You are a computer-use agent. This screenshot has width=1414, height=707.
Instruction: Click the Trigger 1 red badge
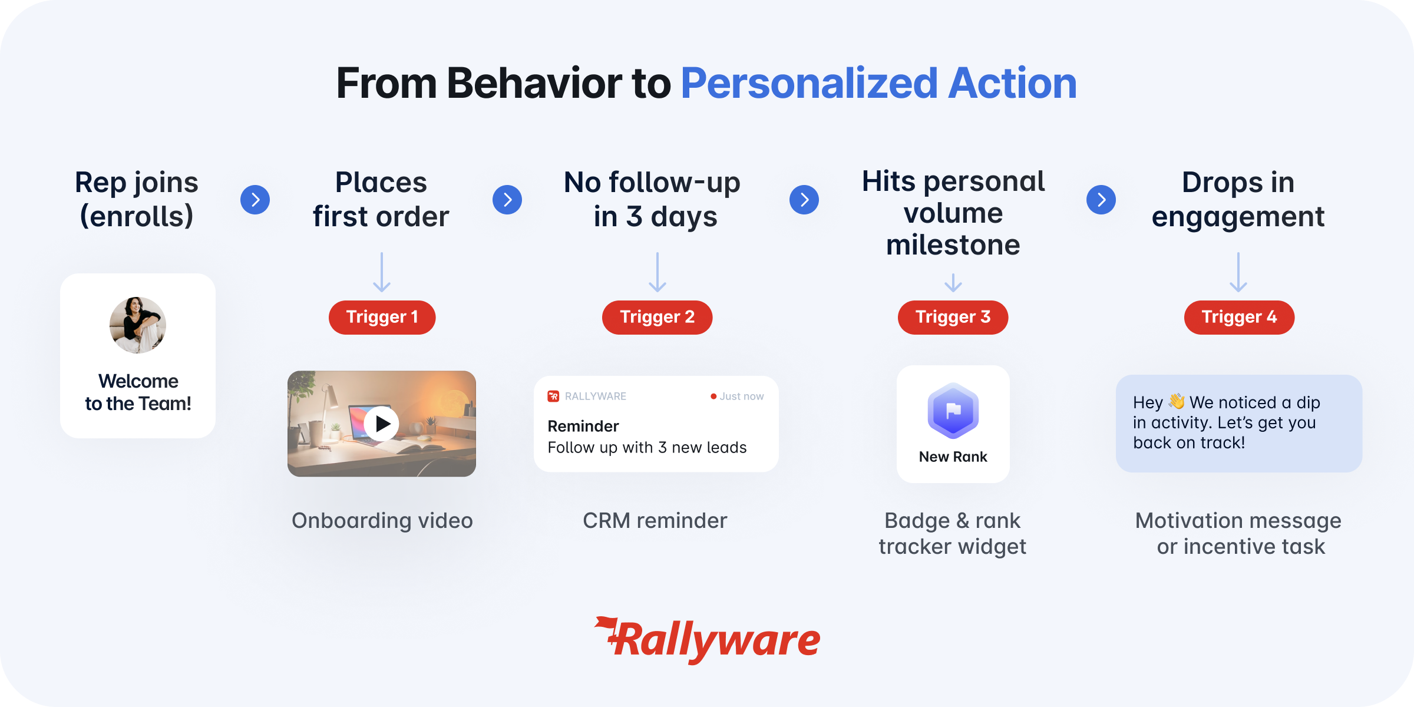[x=382, y=318]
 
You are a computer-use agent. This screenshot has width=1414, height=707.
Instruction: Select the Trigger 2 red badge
[x=657, y=318]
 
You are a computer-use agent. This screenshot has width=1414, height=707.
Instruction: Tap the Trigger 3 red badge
[x=953, y=318]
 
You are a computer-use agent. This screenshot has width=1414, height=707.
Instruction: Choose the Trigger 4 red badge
[x=1239, y=318]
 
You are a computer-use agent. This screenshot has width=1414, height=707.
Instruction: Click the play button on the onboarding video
[x=381, y=424]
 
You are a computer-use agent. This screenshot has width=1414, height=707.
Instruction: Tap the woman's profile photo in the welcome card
[x=138, y=325]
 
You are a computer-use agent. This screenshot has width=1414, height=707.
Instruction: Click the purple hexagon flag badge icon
[x=953, y=411]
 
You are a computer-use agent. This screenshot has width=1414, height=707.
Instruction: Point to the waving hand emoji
[x=1177, y=401]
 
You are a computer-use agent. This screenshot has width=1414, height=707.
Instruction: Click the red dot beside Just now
[x=713, y=397]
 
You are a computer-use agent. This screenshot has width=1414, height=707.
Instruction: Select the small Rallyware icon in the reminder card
[x=553, y=397]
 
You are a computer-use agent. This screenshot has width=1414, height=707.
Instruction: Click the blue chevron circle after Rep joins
[x=255, y=200]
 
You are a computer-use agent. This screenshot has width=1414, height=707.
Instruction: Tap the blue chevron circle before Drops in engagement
[x=1101, y=200]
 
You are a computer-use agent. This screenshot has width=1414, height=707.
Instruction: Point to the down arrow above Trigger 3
[x=953, y=283]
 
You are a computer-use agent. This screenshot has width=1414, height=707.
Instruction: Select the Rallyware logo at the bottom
[x=707, y=640]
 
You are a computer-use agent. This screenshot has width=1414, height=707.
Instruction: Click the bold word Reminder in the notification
[x=583, y=426]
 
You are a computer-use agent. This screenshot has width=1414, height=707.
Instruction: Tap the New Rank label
[x=953, y=457]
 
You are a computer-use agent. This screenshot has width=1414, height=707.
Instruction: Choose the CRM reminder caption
[x=655, y=521]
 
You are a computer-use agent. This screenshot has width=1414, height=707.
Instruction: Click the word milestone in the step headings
[x=953, y=245]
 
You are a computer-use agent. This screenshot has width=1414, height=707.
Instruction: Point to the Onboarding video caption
[x=382, y=521]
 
